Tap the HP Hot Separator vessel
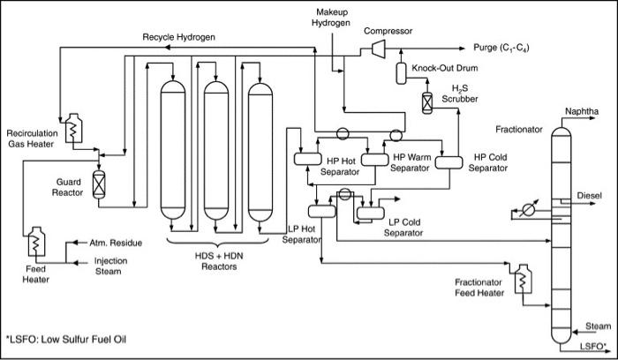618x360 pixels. pos(306,159)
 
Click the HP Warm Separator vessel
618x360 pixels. pos(374,159)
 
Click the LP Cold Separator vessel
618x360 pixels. pos(369,212)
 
